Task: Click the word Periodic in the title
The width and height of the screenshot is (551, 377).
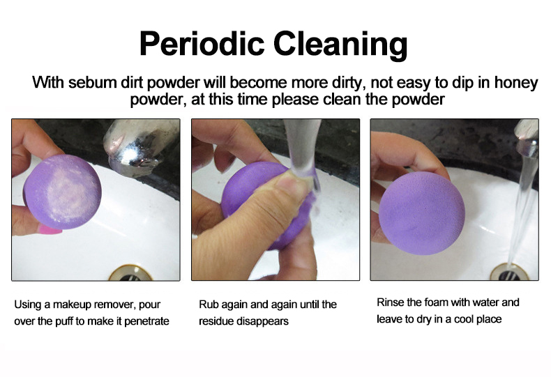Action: click(202, 43)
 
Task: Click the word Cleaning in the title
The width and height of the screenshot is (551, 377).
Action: click(340, 45)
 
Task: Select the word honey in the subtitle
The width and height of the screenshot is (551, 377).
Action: click(516, 84)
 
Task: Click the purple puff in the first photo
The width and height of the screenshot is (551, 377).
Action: click(63, 192)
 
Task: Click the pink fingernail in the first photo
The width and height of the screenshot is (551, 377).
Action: click(50, 230)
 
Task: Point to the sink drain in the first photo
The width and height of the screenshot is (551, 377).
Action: click(130, 274)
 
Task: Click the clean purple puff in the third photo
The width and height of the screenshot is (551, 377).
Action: click(422, 213)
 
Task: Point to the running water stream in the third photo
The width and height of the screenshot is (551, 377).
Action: click(522, 210)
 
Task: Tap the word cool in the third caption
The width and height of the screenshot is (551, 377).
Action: click(465, 319)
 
